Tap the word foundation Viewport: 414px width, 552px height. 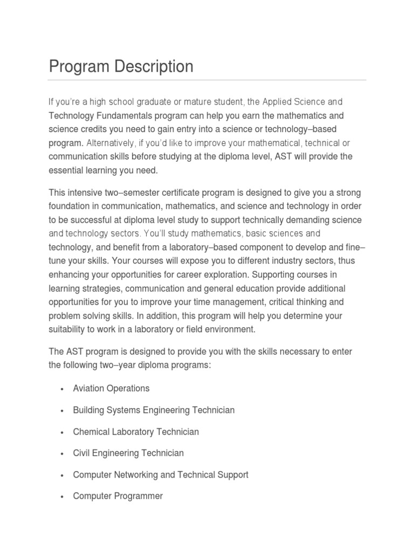point(70,206)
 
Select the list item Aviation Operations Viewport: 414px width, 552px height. point(111,388)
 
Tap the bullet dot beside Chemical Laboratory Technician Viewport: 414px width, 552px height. point(63,432)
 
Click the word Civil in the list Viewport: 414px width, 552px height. point(82,453)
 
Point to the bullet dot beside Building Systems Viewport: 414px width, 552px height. point(63,411)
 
